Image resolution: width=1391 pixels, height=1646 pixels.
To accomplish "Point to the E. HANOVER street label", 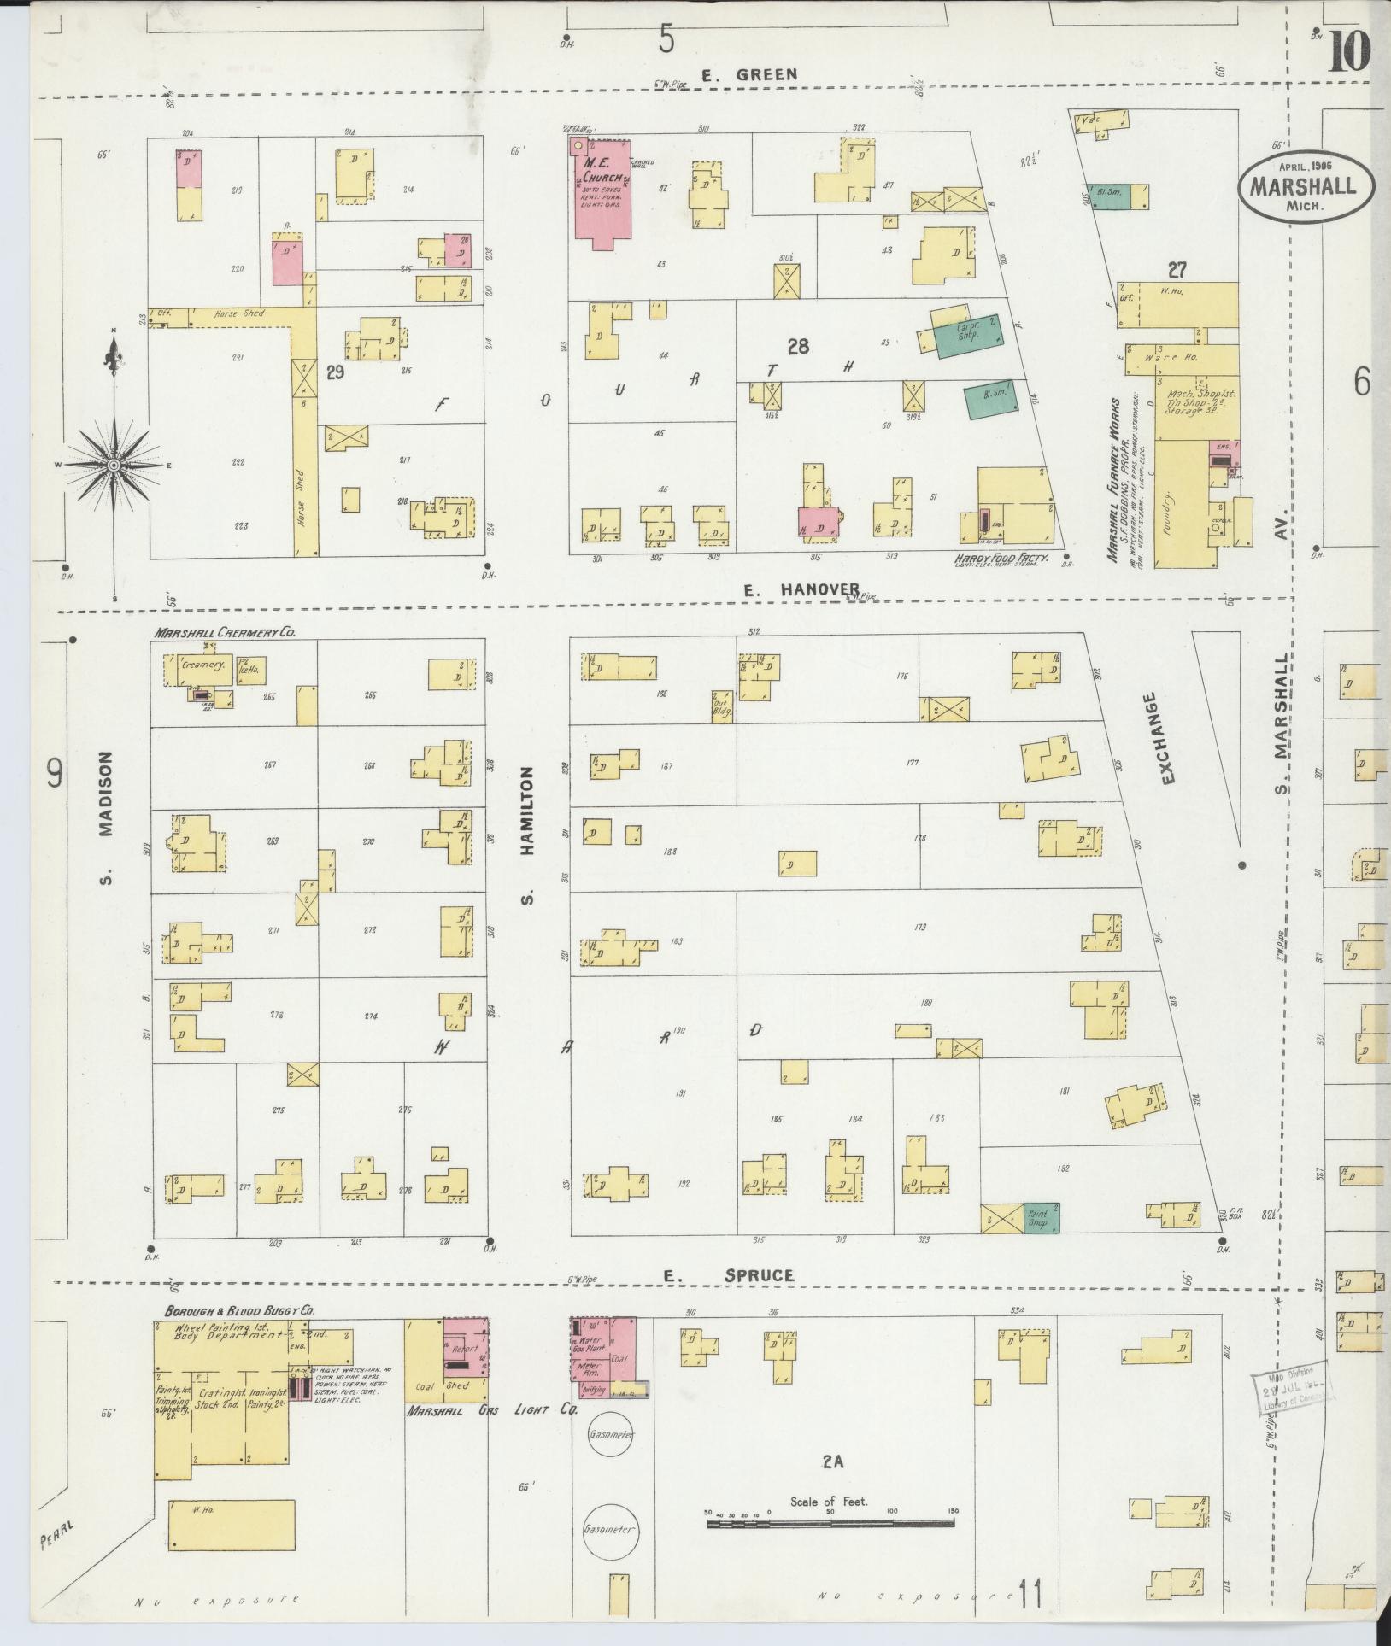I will coord(800,589).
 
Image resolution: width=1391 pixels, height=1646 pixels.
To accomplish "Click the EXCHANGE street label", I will coord(1169,738).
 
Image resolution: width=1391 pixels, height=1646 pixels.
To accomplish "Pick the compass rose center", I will coord(114,465).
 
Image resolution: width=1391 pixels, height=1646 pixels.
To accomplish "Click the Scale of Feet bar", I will coord(831,1521).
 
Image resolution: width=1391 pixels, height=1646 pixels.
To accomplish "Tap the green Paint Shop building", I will coord(1041,1217).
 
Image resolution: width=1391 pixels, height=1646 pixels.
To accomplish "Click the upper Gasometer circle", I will coord(611,1435).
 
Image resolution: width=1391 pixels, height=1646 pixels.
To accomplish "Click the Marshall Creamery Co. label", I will coord(225,633).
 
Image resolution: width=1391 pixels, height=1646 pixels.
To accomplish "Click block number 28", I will coord(798,346).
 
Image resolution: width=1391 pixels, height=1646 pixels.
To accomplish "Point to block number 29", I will coord(335,372).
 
